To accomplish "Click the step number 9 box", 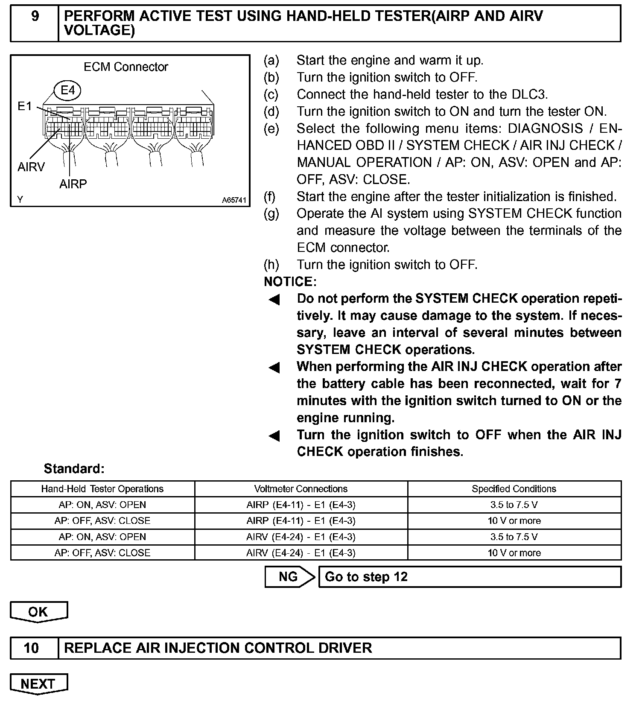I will click(x=35, y=23).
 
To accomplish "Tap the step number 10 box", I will click(x=35, y=648).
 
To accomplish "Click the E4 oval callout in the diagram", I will click(x=67, y=90).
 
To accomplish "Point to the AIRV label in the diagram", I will click(x=31, y=167).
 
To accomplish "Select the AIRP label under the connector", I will click(x=73, y=184).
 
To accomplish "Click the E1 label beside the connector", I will click(x=25, y=106).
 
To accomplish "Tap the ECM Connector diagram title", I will click(x=126, y=67).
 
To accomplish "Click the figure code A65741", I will click(x=234, y=200).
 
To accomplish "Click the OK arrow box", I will click(x=38, y=612).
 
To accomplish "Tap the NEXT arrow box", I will click(x=38, y=684).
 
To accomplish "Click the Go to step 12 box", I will click(x=470, y=577).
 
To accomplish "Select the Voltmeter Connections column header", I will click(x=301, y=489).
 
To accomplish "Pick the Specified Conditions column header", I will click(x=514, y=489).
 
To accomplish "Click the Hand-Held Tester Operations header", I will click(x=102, y=489).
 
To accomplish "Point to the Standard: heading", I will click(x=74, y=469).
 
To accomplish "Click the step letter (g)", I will click(x=271, y=213).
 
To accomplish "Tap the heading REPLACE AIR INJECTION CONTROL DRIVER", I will click(x=218, y=648).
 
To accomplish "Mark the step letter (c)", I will click(x=271, y=94).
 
